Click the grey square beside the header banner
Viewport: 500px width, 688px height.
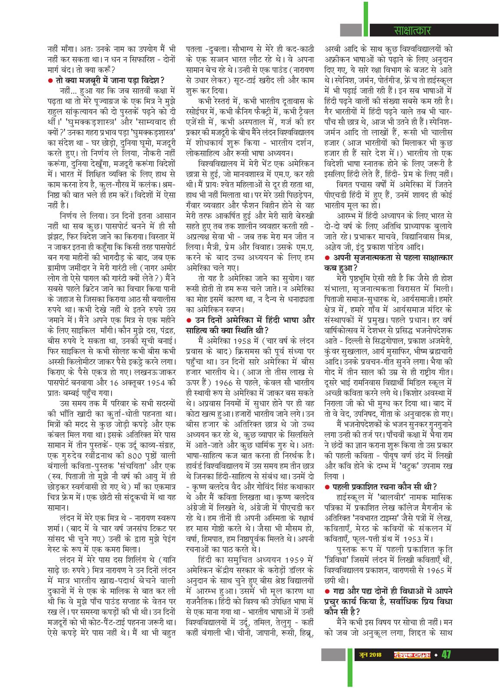click(x=351, y=30)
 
